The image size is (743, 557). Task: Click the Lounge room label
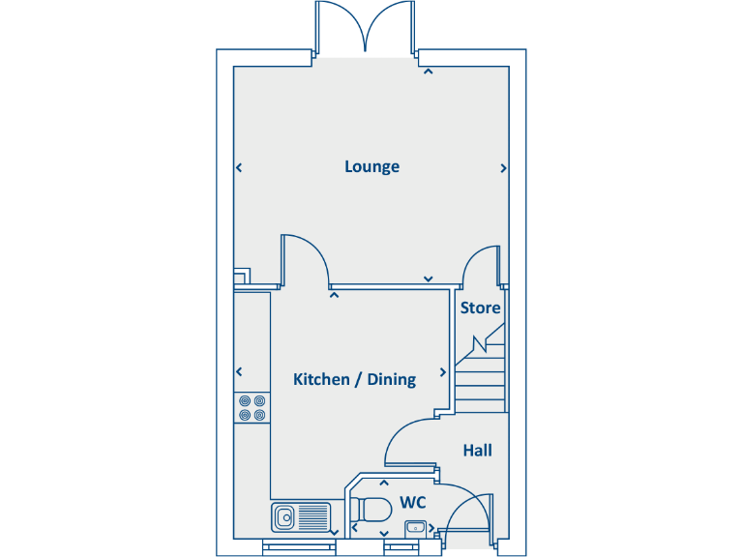pos(371,166)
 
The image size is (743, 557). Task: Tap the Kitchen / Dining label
pos(354,379)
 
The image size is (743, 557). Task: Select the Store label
pos(480,308)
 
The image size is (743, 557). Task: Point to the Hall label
pos(477,451)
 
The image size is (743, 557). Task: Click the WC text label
pos(412,503)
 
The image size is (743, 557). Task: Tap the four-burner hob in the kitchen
pos(253,407)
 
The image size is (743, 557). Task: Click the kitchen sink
pos(300,517)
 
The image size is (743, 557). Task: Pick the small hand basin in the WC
pos(415,527)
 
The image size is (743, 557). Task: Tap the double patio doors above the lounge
pos(365,29)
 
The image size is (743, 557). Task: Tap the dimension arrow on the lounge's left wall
pos(239,168)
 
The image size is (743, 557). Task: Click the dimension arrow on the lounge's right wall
pos(503,168)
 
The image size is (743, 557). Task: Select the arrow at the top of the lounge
pos(428,71)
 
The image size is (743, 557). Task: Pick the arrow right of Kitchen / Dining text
pos(444,371)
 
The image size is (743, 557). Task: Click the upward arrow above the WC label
pos(384,483)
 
